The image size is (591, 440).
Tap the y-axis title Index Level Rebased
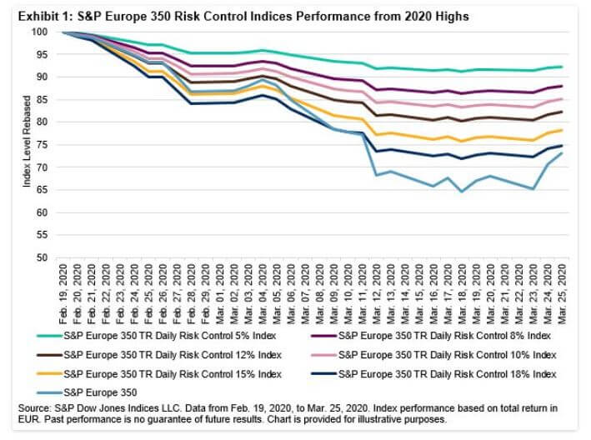point(27,144)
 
